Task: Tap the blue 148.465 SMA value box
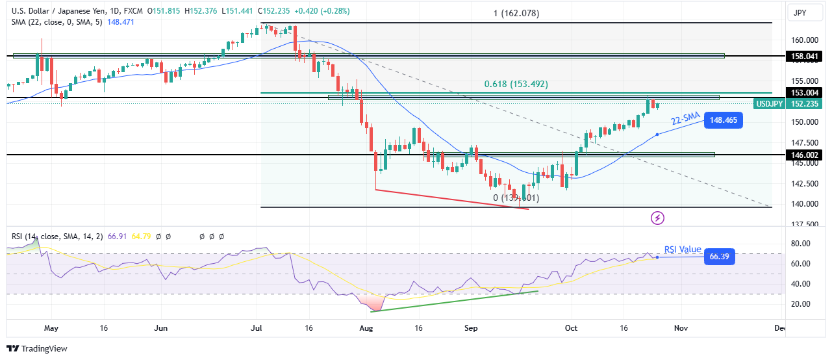pyautogui.click(x=725, y=120)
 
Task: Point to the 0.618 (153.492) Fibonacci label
pyautogui.click(x=516, y=84)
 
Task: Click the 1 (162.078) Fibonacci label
pyautogui.click(x=517, y=14)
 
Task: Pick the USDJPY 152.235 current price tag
pyautogui.click(x=787, y=104)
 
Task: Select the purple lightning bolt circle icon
pyautogui.click(x=658, y=218)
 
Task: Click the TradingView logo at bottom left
pyautogui.click(x=36, y=348)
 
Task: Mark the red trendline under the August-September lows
pyautogui.click(x=452, y=199)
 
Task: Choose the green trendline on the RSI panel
pyautogui.click(x=455, y=301)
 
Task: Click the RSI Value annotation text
pyautogui.click(x=682, y=250)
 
